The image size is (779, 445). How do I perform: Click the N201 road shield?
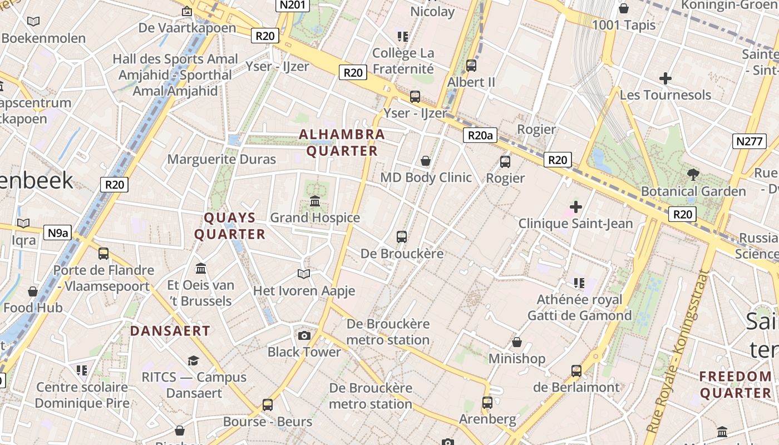(x=292, y=5)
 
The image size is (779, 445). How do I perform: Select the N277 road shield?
(x=749, y=141)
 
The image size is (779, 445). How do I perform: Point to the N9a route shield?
(x=57, y=233)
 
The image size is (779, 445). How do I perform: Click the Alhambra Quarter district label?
(x=342, y=142)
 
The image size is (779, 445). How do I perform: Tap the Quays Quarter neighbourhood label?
(x=230, y=226)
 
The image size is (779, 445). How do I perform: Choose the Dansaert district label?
(x=170, y=331)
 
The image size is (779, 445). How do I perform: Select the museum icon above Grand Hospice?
(x=315, y=201)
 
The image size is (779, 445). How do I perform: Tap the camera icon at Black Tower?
(x=304, y=335)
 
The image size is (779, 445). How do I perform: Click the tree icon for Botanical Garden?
(x=693, y=175)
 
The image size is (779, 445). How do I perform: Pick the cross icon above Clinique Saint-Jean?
(x=575, y=207)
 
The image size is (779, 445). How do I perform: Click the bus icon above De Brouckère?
(x=402, y=237)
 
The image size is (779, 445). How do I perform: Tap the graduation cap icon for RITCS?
(x=193, y=360)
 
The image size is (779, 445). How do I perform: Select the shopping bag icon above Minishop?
(x=517, y=342)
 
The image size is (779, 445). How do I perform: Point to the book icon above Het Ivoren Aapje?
(x=303, y=274)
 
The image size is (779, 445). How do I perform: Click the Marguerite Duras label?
(x=221, y=160)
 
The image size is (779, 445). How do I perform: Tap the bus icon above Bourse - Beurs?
(x=268, y=405)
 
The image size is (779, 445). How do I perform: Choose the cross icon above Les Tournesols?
(x=665, y=78)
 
